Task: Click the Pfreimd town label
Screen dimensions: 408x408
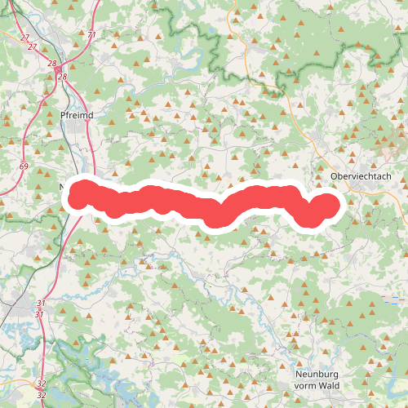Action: pyautogui.click(x=77, y=116)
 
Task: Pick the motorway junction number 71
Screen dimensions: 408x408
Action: pyautogui.click(x=91, y=35)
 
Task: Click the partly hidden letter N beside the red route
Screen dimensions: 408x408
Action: pyautogui.click(x=63, y=188)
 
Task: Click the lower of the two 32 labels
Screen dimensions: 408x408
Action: pyautogui.click(x=42, y=393)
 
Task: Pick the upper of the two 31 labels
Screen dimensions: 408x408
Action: pyautogui.click(x=40, y=304)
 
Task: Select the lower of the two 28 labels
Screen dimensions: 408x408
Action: pyautogui.click(x=62, y=78)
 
